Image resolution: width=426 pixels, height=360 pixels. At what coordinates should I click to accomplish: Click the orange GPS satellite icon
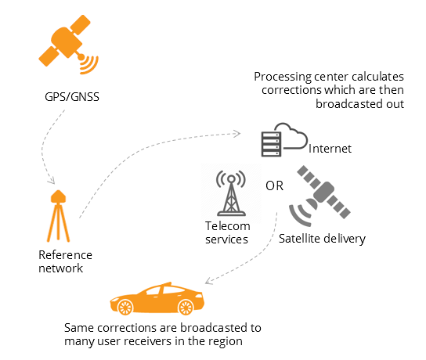(63, 49)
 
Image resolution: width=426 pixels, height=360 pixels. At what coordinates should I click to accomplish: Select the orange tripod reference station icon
(57, 215)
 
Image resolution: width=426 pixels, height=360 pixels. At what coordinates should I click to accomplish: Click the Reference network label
(65, 261)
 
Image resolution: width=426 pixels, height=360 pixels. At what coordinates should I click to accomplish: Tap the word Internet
(331, 148)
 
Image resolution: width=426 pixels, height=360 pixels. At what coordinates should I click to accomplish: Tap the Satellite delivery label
(322, 239)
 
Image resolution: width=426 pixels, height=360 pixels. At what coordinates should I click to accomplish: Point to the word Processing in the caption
(281, 77)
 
